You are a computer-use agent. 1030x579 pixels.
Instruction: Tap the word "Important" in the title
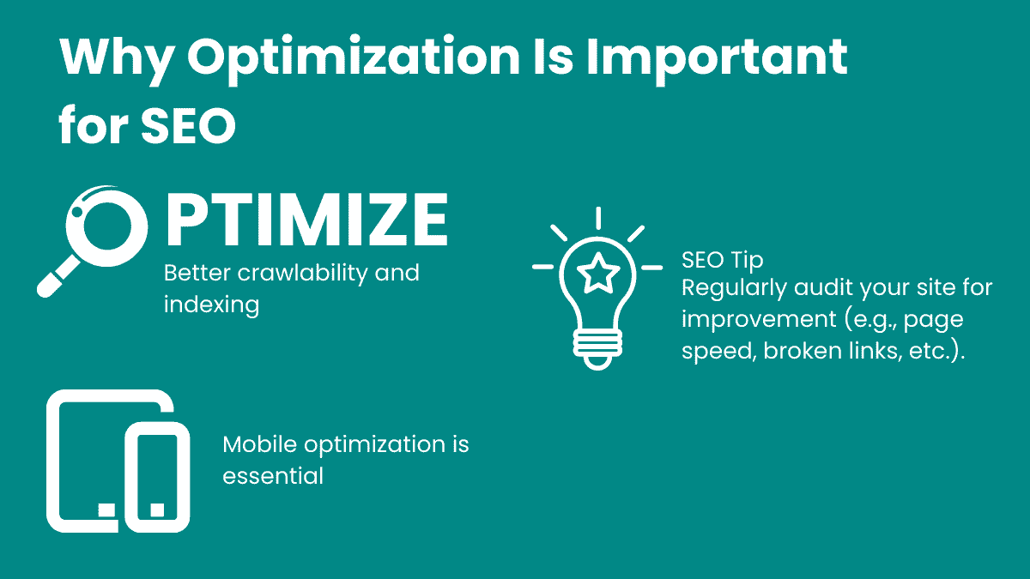point(717,59)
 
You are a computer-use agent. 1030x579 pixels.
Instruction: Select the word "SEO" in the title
point(189,125)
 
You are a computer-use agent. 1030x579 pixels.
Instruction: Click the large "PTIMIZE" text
point(306,220)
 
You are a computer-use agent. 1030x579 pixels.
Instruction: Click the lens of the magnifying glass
point(107,226)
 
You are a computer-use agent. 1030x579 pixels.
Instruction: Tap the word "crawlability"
point(302,273)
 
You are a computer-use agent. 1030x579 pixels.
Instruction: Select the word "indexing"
point(211,305)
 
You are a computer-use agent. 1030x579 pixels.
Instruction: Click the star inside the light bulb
point(597,274)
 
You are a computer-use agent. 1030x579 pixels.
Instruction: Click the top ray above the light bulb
point(598,218)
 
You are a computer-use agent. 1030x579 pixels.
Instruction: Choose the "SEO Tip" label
point(723,261)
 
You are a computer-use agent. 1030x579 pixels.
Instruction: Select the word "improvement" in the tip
point(759,320)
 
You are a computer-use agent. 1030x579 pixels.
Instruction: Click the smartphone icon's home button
point(157,510)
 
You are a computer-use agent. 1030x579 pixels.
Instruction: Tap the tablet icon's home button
point(106,510)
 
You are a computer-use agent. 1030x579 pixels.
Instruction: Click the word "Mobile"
point(259,444)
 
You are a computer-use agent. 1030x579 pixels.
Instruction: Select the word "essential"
point(273,475)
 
